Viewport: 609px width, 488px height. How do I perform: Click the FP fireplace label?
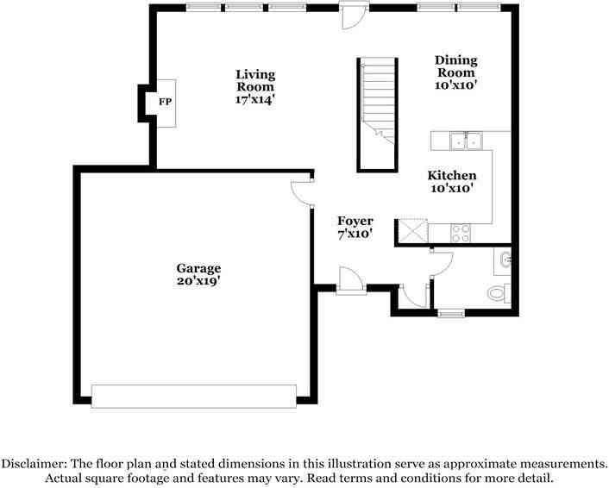163,101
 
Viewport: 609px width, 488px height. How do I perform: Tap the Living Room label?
255,86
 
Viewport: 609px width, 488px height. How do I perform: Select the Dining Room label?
455,72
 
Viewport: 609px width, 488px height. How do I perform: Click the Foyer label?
355,227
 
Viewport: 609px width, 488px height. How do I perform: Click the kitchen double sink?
466,139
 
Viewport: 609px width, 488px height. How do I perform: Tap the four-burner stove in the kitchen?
461,232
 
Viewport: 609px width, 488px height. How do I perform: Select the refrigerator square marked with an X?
411,231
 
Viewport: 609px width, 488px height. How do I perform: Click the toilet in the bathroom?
499,294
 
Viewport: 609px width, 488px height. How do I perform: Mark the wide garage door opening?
194,396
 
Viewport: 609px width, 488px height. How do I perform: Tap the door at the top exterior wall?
353,15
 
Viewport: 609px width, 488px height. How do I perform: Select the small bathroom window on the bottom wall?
451,313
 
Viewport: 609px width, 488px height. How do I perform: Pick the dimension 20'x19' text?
199,280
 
